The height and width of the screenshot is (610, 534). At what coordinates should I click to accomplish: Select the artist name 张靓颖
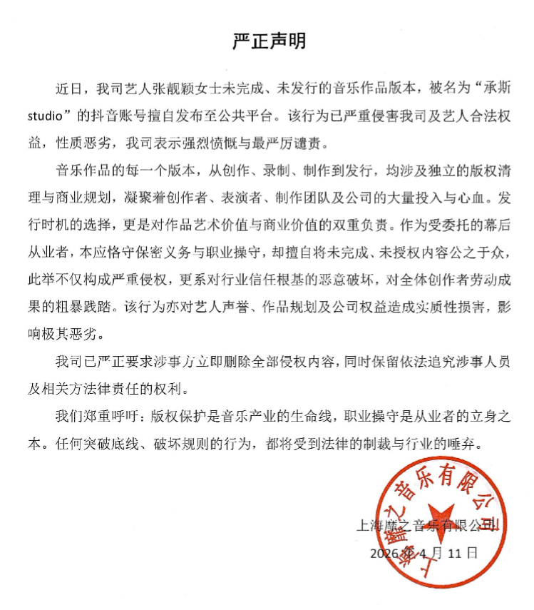tap(166, 91)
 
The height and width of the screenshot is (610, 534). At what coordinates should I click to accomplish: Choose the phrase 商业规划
tap(101, 193)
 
